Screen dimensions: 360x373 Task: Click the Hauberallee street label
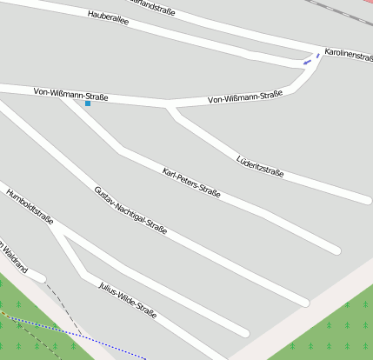pyautogui.click(x=109, y=18)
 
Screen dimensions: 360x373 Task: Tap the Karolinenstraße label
pyautogui.click(x=348, y=54)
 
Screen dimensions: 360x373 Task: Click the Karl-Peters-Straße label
pyautogui.click(x=191, y=183)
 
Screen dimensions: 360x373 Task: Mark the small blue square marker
pyautogui.click(x=88, y=103)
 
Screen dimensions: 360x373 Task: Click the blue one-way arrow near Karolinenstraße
pyautogui.click(x=307, y=62)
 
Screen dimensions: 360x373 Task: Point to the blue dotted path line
pyautogui.click(x=78, y=338)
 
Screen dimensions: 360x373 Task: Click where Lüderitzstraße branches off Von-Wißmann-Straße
pyautogui.click(x=170, y=108)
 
